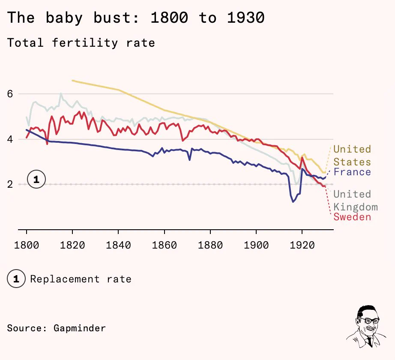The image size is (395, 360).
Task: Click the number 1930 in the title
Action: pyautogui.click(x=246, y=18)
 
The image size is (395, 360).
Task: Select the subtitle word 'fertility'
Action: pyautogui.click(x=85, y=43)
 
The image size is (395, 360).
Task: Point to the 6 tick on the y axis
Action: pyautogui.click(x=10, y=94)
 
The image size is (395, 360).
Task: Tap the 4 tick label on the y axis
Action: pyautogui.click(x=10, y=139)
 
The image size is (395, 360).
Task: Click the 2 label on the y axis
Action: pyautogui.click(x=10, y=184)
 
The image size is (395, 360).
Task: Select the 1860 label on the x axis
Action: pyautogui.click(x=164, y=245)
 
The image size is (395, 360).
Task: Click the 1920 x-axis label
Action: pyautogui.click(x=302, y=245)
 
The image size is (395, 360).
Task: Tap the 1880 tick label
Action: pyautogui.click(x=210, y=245)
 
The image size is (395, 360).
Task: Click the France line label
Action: pyautogui.click(x=352, y=172)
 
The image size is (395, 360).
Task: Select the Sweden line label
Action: pyautogui.click(x=352, y=217)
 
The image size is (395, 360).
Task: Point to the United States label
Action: pyautogui.click(x=352, y=156)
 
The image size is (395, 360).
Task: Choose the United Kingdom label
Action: pyautogui.click(x=356, y=201)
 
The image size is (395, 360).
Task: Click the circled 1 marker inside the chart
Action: pyautogui.click(x=36, y=180)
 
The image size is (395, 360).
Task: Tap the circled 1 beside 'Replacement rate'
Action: pyautogui.click(x=16, y=279)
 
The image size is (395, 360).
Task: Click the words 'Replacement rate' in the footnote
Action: pyautogui.click(x=81, y=279)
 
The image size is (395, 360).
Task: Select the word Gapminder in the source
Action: pyautogui.click(x=80, y=328)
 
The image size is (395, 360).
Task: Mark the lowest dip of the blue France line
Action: pyautogui.click(x=293, y=201)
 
